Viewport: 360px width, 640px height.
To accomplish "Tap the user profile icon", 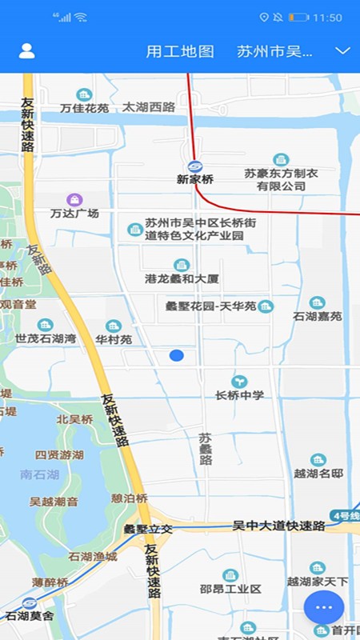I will click(26, 51).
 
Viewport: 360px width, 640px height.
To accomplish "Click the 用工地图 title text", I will click(180, 52).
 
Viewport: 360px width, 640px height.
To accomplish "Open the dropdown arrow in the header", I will click(343, 51).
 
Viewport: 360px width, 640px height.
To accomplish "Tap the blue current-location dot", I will click(177, 355).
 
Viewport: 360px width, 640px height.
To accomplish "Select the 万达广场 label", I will click(74, 214).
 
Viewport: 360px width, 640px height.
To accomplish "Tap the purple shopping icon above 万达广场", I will click(74, 198).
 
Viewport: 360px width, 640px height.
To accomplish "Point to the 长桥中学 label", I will click(239, 395).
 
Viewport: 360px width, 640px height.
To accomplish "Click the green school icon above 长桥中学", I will click(239, 382).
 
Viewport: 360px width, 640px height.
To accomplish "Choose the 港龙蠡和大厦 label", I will click(182, 279).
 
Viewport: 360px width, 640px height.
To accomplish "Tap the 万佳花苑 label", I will click(84, 108).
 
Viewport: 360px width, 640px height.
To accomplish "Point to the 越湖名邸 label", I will click(318, 474).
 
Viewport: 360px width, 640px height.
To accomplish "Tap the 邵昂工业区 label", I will click(230, 590).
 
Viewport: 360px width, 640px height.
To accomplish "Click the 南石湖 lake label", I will click(40, 474).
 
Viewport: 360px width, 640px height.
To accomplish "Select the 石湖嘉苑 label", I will click(318, 316).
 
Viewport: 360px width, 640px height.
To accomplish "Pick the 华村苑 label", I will click(114, 339).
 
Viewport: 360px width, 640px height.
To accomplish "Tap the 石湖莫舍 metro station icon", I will click(30, 602).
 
